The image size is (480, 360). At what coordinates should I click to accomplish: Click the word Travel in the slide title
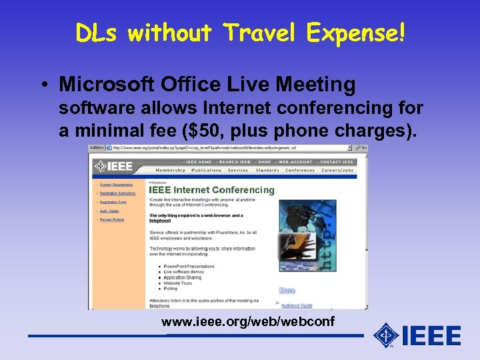click(262, 32)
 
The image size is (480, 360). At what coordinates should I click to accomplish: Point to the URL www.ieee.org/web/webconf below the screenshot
click(248, 323)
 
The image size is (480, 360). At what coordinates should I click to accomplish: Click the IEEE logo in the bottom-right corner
click(417, 335)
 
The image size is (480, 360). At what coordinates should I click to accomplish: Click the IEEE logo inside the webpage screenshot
click(114, 166)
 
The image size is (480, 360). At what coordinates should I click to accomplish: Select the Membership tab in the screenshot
click(171, 170)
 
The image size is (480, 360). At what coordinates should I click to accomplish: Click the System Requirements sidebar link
click(117, 185)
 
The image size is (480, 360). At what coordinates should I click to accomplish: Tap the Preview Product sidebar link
click(112, 219)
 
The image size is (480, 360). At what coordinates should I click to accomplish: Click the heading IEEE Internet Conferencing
click(211, 190)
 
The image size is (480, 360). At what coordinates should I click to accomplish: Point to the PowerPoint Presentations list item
click(190, 266)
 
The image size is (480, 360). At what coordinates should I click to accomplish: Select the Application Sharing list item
click(183, 277)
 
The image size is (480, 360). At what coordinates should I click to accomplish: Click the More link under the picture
click(287, 291)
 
